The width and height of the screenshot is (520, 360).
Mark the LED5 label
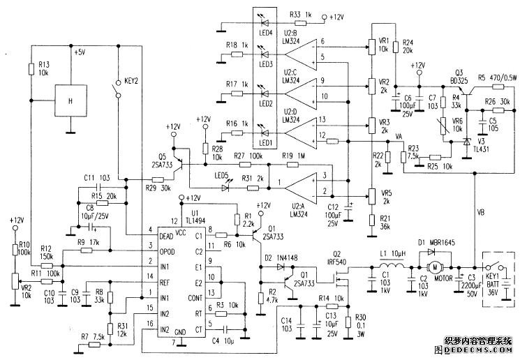click(x=221, y=174)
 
